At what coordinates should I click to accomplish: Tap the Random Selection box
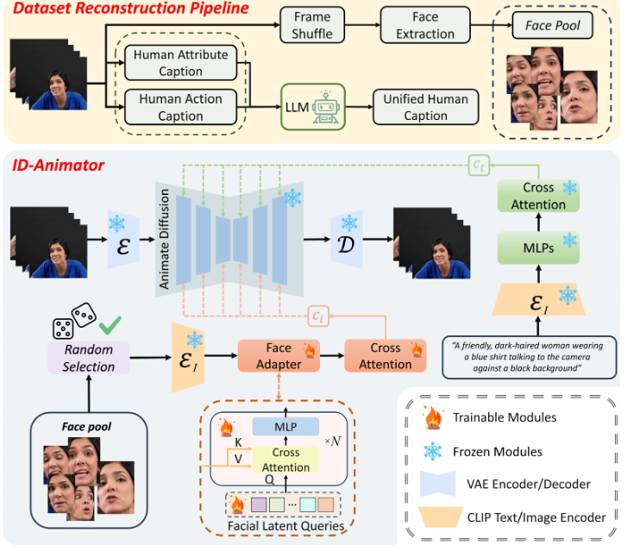(x=88, y=358)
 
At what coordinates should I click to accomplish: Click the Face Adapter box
(x=278, y=356)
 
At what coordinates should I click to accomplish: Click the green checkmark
(x=109, y=326)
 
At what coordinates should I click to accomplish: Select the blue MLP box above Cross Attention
(x=285, y=426)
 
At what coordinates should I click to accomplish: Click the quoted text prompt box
(x=528, y=355)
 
